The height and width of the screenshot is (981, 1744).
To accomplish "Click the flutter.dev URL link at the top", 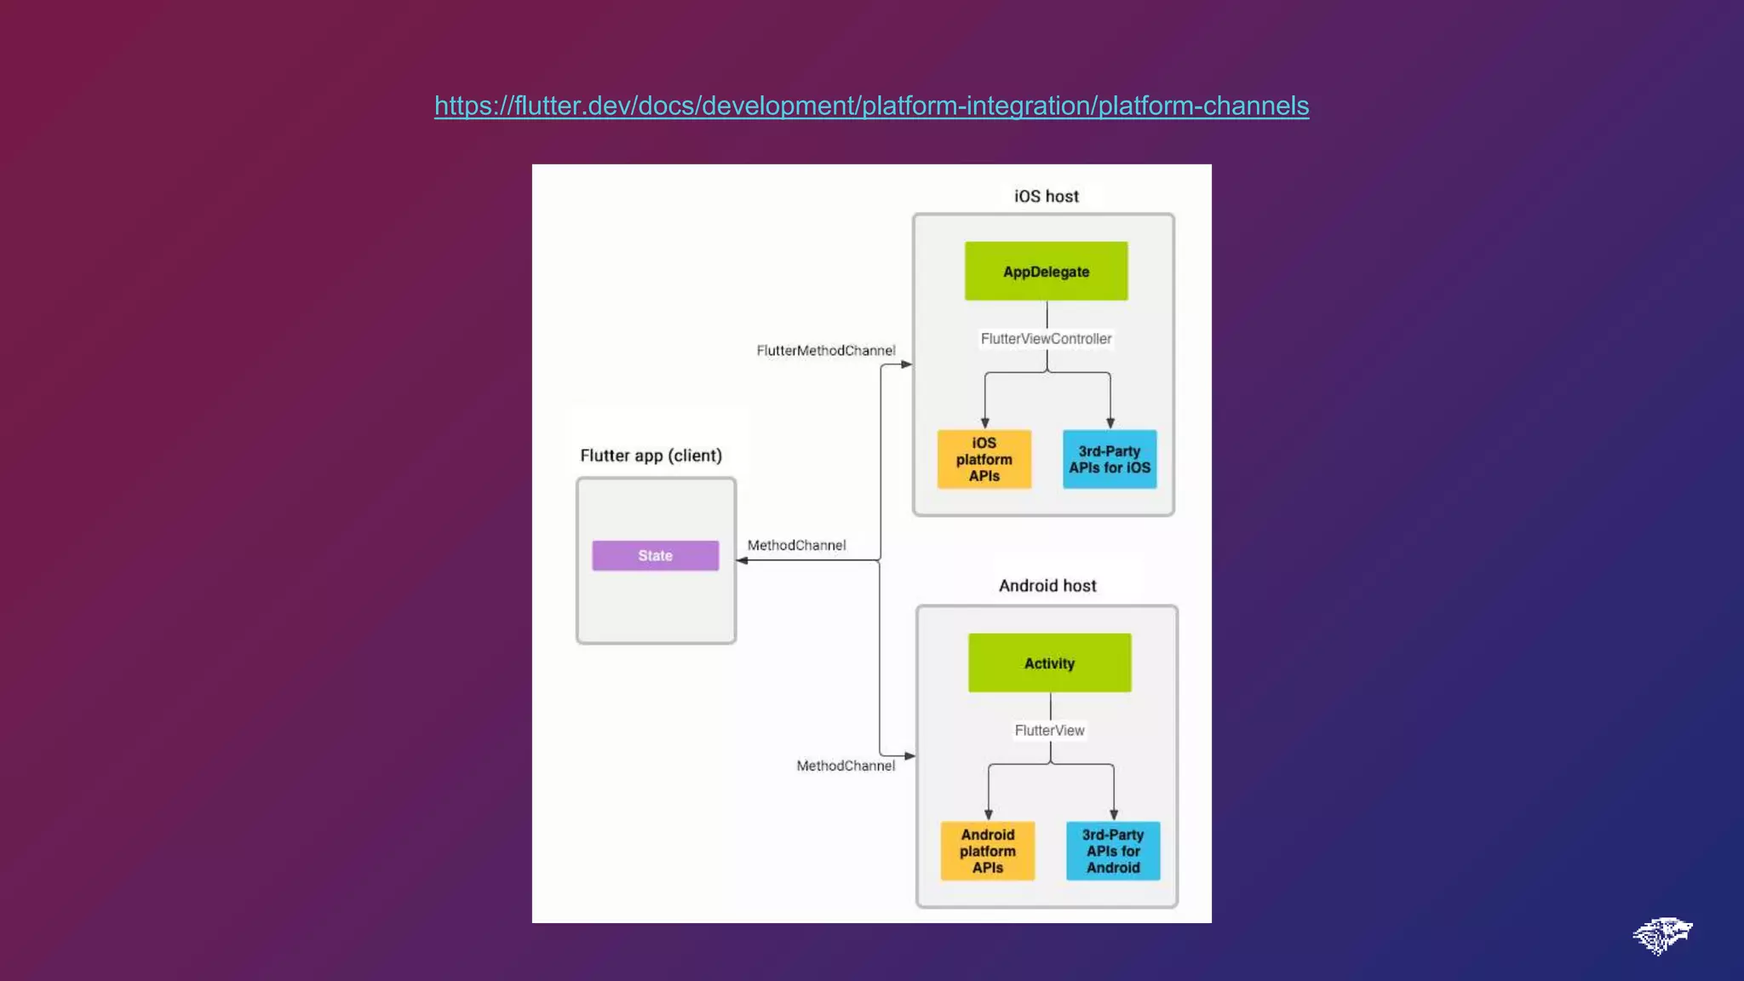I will pyautogui.click(x=871, y=106).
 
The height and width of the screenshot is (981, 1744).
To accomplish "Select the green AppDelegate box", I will pyautogui.click(x=1046, y=271).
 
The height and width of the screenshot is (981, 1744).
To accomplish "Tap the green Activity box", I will pyautogui.click(x=1049, y=663).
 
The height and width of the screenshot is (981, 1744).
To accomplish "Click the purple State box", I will pyautogui.click(x=655, y=555).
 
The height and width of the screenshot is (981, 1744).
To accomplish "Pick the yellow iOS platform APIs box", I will pyautogui.click(x=984, y=459).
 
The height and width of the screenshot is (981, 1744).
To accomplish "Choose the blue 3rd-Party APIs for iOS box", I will pyautogui.click(x=1110, y=459).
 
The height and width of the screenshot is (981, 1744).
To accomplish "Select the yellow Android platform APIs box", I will pyautogui.click(x=987, y=851).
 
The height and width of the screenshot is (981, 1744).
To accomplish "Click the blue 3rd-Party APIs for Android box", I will pyautogui.click(x=1113, y=851).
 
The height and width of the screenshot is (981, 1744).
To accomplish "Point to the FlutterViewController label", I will pyautogui.click(x=1046, y=339).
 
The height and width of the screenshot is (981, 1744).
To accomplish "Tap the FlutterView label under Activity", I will pyautogui.click(x=1049, y=731).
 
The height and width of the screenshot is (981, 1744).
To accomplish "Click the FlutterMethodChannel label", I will pyautogui.click(x=825, y=351).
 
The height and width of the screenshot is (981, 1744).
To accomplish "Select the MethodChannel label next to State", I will pyautogui.click(x=796, y=545).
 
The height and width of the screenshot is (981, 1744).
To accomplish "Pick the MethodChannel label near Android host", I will pyautogui.click(x=845, y=766).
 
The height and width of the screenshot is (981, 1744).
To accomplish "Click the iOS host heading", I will pyautogui.click(x=1046, y=197).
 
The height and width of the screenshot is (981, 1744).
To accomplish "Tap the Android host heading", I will pyautogui.click(x=1047, y=586).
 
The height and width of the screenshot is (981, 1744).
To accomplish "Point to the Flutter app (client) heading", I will pyautogui.click(x=651, y=456).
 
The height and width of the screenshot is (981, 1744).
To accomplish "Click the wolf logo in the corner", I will pyautogui.click(x=1661, y=935).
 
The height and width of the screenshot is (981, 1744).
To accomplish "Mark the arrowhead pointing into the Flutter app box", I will pyautogui.click(x=743, y=560).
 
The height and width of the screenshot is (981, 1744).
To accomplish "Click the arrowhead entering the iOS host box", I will pyautogui.click(x=907, y=364).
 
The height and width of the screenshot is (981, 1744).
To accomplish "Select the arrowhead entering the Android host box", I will pyautogui.click(x=909, y=755).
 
